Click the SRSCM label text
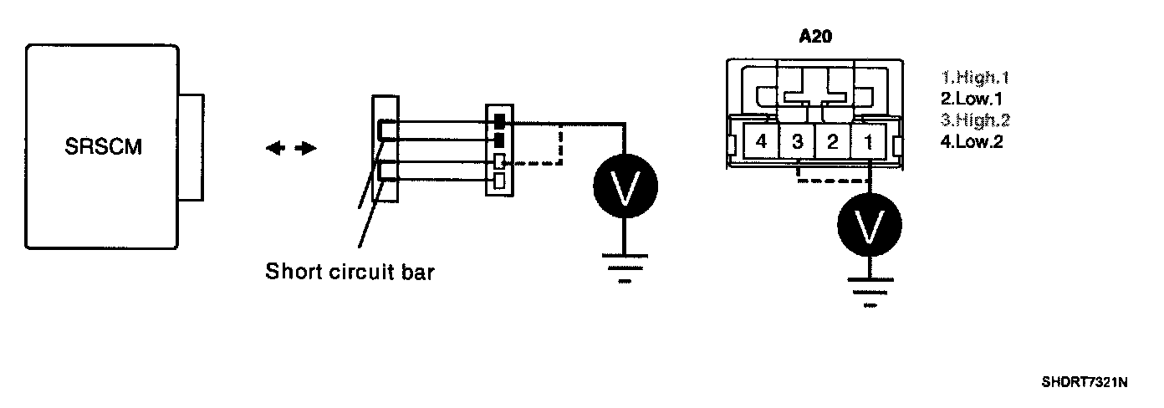point(104,148)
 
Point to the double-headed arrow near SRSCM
point(292,148)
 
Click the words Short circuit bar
point(350,273)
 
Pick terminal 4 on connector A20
point(761,142)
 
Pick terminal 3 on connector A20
point(797,142)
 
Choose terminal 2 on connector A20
point(832,142)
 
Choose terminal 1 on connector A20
point(868,142)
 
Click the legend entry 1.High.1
point(976,78)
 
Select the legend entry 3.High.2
point(976,120)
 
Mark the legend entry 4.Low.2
point(973,140)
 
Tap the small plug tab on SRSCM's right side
point(191,147)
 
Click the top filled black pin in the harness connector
point(499,122)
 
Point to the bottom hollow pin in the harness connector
point(498,181)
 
